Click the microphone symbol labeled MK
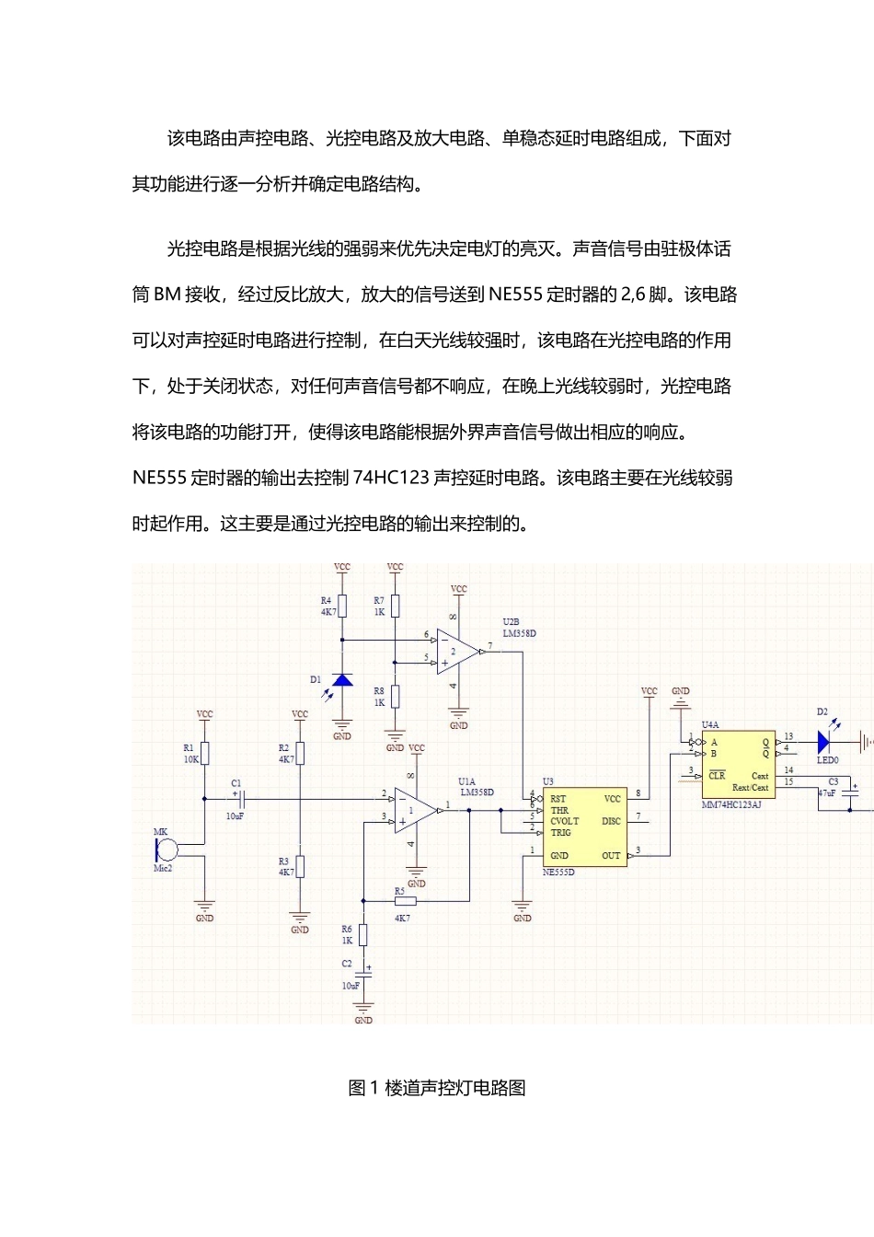[167, 850]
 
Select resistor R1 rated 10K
[204, 753]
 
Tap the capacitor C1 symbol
[241, 799]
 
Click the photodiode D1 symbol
[341, 680]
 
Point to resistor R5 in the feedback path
[405, 901]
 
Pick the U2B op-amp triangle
[458, 652]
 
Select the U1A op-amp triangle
[416, 810]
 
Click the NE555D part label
[558, 872]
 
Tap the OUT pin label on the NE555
[611, 855]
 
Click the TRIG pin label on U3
[560, 832]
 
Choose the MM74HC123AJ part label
[731, 804]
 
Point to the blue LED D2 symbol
[823, 742]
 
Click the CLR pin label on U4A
[717, 775]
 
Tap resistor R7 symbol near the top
[395, 606]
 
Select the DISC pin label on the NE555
[611, 821]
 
